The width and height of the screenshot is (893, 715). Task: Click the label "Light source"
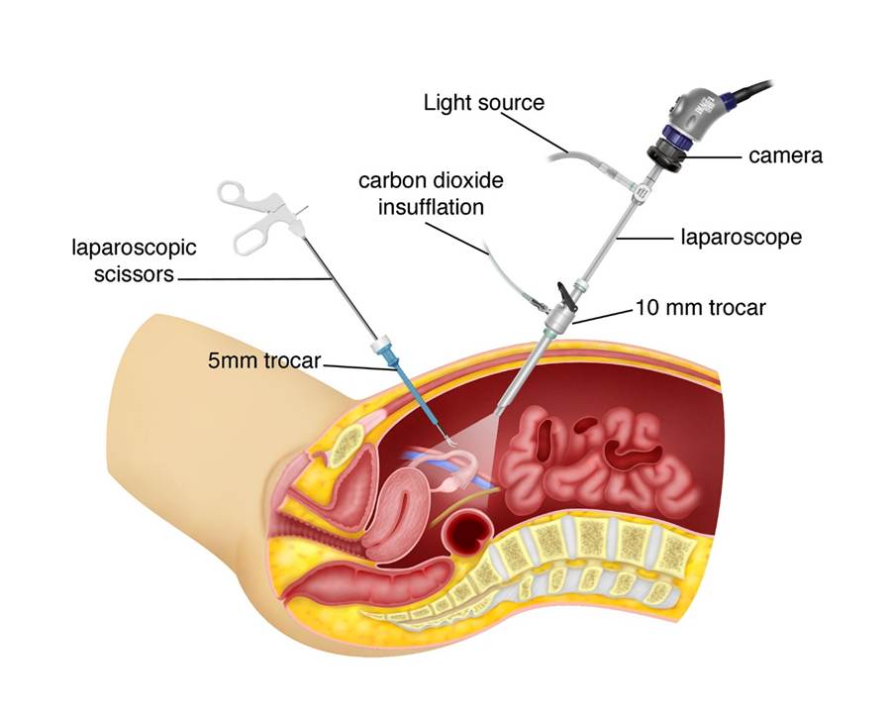pyautogui.click(x=483, y=102)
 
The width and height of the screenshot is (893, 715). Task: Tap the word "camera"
pyautogui.click(x=786, y=155)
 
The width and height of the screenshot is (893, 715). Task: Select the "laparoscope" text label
pyautogui.click(x=741, y=238)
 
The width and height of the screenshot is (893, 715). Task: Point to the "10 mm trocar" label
pyautogui.click(x=699, y=308)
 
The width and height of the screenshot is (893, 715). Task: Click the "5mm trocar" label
pyautogui.click(x=263, y=361)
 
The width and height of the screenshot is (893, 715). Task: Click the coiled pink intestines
pyautogui.click(x=594, y=451)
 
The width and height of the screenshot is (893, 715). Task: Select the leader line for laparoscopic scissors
pyautogui.click(x=257, y=279)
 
